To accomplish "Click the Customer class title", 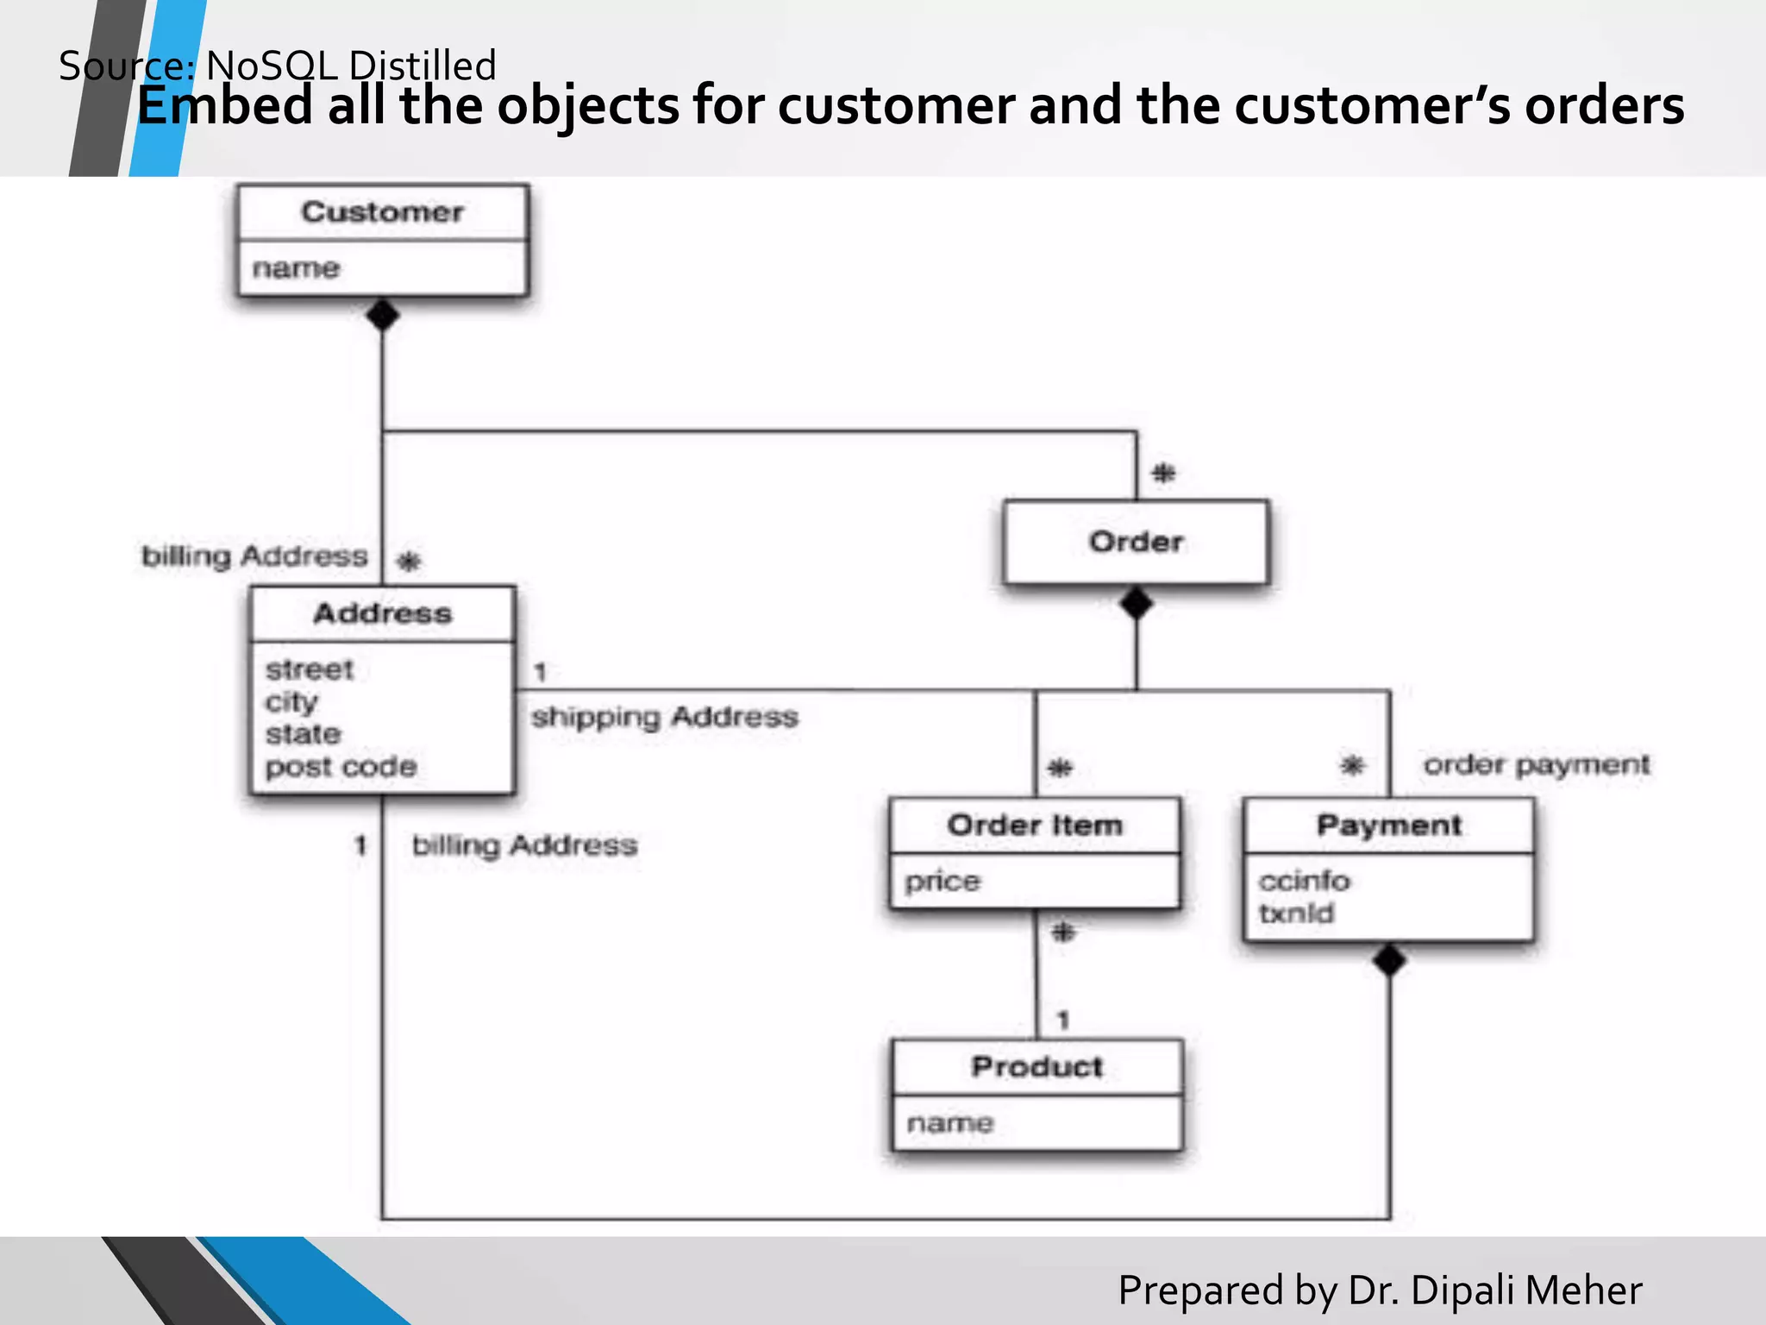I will (x=382, y=212).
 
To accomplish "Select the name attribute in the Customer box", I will (x=296, y=268).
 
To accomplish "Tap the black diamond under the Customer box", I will (x=382, y=315).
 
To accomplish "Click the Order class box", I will (x=1136, y=542).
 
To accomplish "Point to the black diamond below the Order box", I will (x=1136, y=603).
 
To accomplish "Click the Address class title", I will (x=382, y=613).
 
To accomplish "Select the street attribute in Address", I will (x=309, y=669).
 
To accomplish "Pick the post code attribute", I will (x=341, y=767).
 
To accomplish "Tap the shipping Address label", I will (x=664, y=717).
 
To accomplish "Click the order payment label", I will (x=1536, y=764).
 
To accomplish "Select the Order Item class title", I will (x=1035, y=825).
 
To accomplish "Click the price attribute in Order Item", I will (x=942, y=882).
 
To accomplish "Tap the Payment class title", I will (x=1388, y=825).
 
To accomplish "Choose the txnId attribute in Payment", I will (x=1295, y=914).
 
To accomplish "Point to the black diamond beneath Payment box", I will (x=1389, y=960).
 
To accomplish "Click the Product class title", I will (x=1036, y=1067).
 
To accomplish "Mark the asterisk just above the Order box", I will (x=1163, y=473).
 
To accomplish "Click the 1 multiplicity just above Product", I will (x=1063, y=1020).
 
